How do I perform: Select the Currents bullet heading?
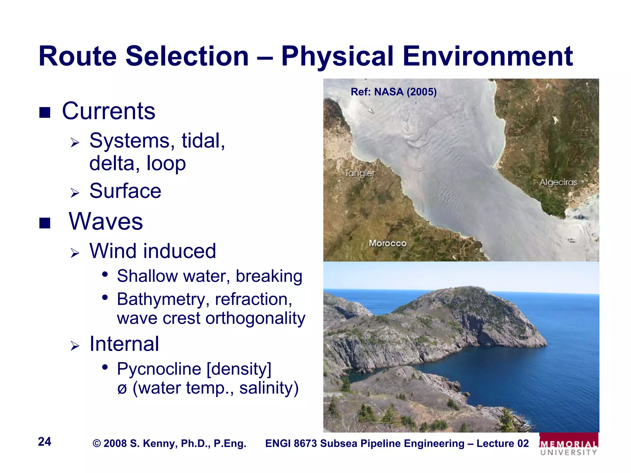pyautogui.click(x=108, y=111)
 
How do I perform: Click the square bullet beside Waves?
pyautogui.click(x=45, y=223)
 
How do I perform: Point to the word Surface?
pyautogui.click(x=125, y=191)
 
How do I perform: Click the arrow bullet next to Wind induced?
pyautogui.click(x=75, y=253)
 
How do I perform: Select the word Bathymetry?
pyautogui.click(x=163, y=299)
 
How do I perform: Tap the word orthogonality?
pyautogui.click(x=255, y=318)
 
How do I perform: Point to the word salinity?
pyautogui.click(x=269, y=388)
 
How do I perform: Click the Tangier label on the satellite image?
pyautogui.click(x=360, y=173)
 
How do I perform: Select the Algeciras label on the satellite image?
pyautogui.click(x=558, y=182)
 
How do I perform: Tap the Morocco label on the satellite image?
pyautogui.click(x=388, y=243)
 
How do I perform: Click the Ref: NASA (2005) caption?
pyautogui.click(x=393, y=92)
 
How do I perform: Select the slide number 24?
pyautogui.click(x=44, y=442)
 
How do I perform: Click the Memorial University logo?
pyautogui.click(x=569, y=445)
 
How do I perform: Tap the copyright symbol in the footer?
pyautogui.click(x=97, y=444)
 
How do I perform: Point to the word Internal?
pyautogui.click(x=124, y=344)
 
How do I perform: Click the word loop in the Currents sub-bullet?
pyautogui.click(x=166, y=164)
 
